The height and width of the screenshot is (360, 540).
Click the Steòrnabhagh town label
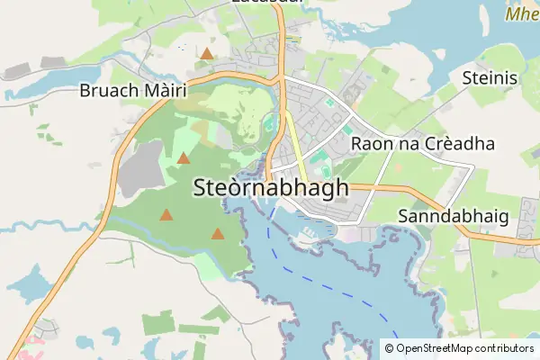coord(270,188)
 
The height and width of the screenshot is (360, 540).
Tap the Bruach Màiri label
coord(132,91)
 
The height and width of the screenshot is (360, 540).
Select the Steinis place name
coord(490,78)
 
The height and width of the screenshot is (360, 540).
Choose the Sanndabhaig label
coord(453,217)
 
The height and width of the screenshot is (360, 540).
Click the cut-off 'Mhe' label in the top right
coord(521,14)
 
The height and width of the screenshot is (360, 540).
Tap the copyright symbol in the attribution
coord(389,348)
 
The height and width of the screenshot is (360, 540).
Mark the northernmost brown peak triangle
coord(207,54)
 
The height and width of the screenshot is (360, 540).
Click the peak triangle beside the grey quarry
coord(184,158)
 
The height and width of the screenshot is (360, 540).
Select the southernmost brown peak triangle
coord(218,234)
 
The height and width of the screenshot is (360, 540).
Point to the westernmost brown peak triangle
coord(166,215)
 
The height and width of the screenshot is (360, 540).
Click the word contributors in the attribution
coord(505,348)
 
